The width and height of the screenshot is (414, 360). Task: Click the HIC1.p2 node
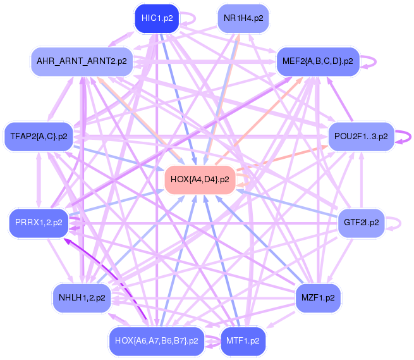click(x=157, y=18)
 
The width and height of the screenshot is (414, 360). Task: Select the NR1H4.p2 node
click(x=243, y=18)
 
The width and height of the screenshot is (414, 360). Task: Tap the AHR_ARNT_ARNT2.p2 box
click(x=82, y=61)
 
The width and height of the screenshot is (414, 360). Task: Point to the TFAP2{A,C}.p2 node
click(x=39, y=136)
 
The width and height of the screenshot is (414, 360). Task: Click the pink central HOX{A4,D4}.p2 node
click(x=200, y=180)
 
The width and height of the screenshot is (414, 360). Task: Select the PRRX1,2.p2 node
click(x=39, y=223)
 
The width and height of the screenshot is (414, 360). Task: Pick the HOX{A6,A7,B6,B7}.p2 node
click(x=157, y=340)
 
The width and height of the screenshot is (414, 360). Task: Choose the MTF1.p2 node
click(x=243, y=340)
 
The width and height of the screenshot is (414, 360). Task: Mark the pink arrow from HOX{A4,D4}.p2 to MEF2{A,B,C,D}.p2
click(x=272, y=114)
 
